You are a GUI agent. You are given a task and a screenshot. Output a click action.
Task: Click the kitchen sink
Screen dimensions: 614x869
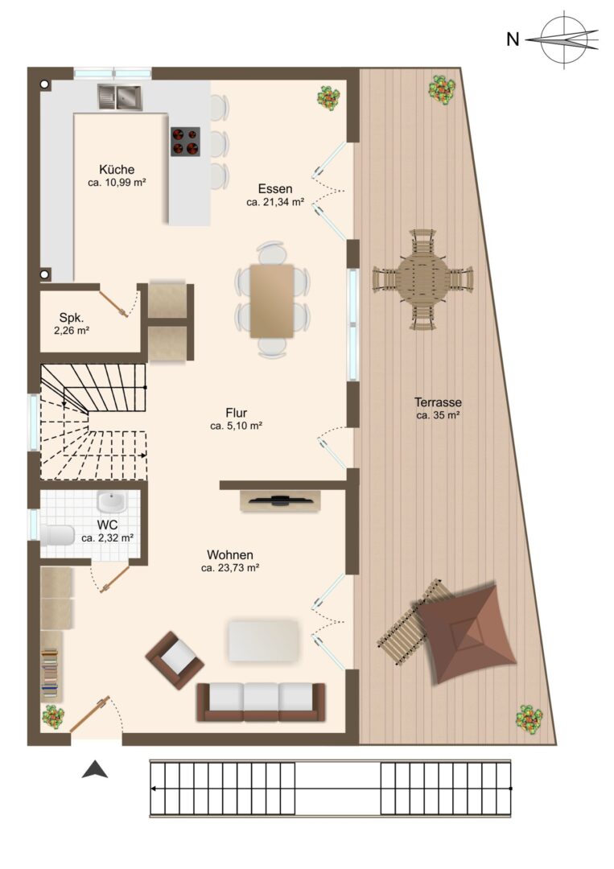click(120, 97)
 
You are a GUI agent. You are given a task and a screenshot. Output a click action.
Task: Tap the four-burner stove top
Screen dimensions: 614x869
click(185, 142)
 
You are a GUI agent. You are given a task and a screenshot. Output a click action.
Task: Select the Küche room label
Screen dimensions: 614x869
click(117, 170)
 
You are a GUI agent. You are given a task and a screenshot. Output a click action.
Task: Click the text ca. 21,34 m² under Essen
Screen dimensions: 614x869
click(275, 202)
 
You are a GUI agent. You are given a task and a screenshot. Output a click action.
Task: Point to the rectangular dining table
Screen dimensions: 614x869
click(271, 301)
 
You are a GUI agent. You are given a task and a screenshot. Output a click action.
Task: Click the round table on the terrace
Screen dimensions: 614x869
click(422, 278)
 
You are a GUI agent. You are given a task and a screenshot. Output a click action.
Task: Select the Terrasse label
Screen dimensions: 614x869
click(438, 402)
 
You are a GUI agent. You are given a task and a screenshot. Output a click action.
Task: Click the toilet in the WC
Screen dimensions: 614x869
click(57, 535)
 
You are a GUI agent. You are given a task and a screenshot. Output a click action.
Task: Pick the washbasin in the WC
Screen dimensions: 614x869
click(112, 502)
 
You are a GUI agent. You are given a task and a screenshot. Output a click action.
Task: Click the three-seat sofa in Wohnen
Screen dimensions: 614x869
click(261, 702)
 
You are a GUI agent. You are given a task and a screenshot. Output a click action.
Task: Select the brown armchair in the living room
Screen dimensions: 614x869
click(175, 660)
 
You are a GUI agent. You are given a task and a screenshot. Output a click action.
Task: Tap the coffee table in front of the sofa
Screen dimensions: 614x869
click(263, 640)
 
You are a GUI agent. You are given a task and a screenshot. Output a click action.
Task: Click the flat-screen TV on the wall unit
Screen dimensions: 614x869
click(281, 500)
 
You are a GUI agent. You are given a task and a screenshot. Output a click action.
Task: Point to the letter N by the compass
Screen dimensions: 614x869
click(513, 39)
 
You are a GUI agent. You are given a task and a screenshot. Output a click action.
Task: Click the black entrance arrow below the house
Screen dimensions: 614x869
click(95, 770)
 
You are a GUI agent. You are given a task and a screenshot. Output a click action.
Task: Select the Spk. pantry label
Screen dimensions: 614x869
click(72, 318)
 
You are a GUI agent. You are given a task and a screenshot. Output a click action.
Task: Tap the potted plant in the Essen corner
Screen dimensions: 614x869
click(328, 99)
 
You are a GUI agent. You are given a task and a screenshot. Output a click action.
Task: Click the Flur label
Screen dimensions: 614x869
click(236, 413)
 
